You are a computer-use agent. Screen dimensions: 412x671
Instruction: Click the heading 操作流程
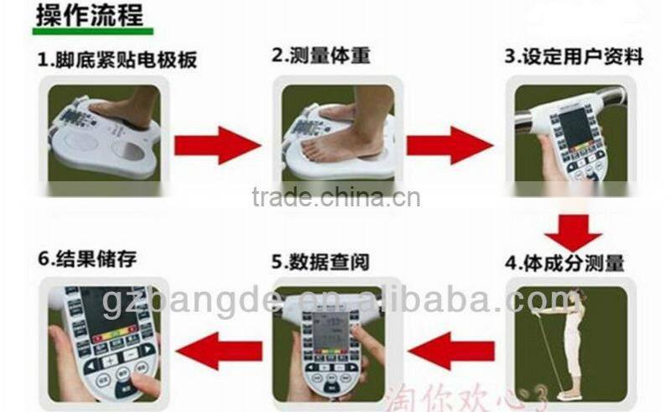88,16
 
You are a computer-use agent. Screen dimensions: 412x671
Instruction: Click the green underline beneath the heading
93,31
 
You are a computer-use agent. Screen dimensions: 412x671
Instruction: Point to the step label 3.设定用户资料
574,57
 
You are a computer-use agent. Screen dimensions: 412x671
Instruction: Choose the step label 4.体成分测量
564,263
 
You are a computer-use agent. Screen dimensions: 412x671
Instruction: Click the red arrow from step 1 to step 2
216,145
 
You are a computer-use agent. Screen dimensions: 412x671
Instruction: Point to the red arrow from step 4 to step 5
451,350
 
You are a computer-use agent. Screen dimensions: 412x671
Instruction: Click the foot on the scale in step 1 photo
126,110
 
